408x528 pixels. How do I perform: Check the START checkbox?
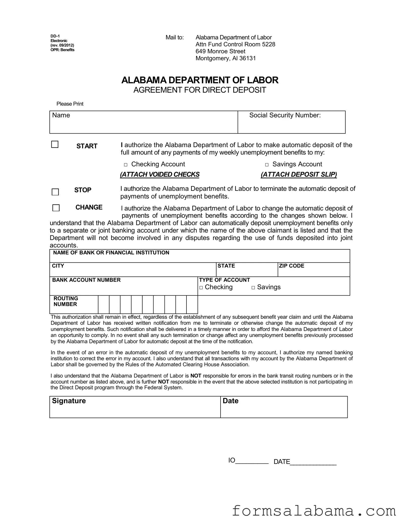tap(55, 144)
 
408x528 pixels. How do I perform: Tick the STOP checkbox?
tap(55, 192)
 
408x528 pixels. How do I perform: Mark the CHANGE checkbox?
tap(56, 208)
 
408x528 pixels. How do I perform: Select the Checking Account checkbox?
tap(126, 165)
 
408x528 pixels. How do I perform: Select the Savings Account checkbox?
tap(267, 165)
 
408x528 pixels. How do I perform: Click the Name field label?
tap(61, 115)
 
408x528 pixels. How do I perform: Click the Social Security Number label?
tap(285, 115)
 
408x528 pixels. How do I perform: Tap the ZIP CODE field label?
tap(291, 266)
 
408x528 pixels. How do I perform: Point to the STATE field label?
tap(226, 266)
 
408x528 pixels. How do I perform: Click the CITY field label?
tap(58, 266)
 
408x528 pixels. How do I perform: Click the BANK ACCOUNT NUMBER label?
tap(86, 280)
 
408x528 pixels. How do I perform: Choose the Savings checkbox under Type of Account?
tap(253, 288)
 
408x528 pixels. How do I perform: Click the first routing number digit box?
tap(104, 304)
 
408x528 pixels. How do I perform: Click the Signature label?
tap(69, 401)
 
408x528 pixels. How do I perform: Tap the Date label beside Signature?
tap(230, 401)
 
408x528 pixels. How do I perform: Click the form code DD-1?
tap(55, 36)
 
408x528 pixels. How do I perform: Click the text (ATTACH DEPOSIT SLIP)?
tap(299, 174)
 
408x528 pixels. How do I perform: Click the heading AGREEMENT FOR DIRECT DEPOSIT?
tap(200, 90)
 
